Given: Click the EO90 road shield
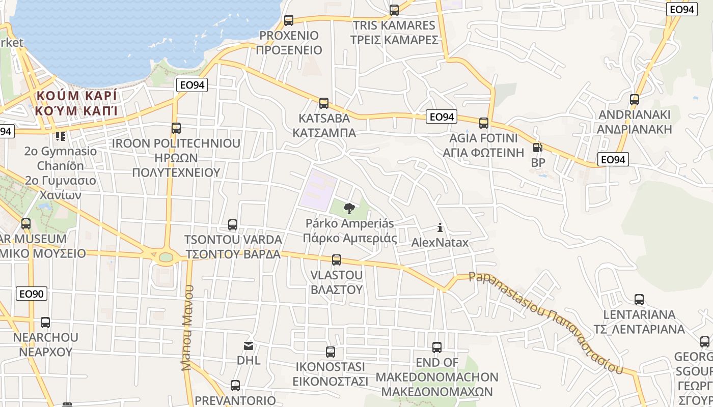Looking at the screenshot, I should coord(32,294).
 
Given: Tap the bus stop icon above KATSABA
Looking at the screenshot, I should coord(324,103).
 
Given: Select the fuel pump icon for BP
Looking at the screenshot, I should coord(537,148).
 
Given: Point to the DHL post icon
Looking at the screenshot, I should coord(249,346).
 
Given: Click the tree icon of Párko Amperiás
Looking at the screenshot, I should coord(349,208).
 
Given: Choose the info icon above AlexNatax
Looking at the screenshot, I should coord(440,227).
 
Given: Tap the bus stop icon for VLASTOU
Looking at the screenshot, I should coord(337,260).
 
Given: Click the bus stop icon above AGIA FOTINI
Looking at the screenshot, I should coord(484,123).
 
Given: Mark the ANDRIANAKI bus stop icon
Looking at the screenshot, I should coord(635,99).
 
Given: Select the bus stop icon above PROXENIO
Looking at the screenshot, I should coord(289,20).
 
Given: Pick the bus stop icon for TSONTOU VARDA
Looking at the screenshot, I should coord(233,224).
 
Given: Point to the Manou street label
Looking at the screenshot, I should coord(187,328).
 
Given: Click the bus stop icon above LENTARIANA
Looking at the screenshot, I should coord(639,300).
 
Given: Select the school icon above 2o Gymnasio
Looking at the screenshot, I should coord(61,136).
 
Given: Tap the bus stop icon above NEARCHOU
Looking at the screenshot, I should coord(45,322).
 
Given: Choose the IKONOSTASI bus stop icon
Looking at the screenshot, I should coord(331,352).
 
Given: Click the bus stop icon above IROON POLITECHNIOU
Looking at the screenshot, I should coord(176,128).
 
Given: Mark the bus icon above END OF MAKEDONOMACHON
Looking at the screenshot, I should coord(437,347).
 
